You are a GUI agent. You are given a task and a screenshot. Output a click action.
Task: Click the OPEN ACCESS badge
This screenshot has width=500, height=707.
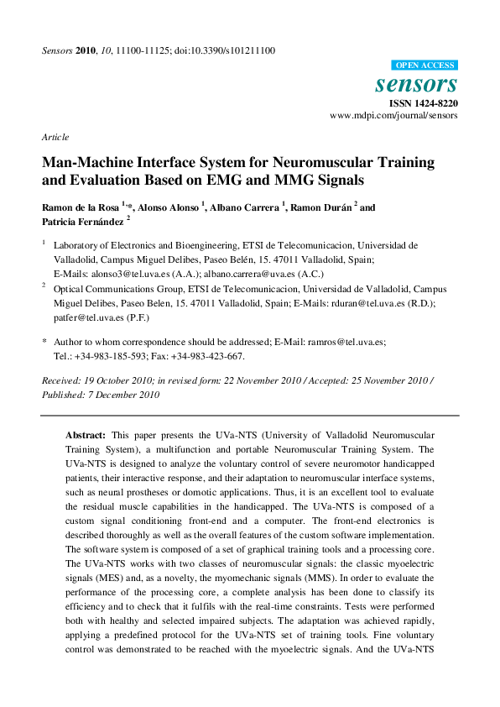coord(424,65)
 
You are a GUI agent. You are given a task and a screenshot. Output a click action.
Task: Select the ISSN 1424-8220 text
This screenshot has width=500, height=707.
coord(421,102)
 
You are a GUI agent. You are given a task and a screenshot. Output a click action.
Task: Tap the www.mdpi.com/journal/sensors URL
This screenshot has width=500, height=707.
coord(393,115)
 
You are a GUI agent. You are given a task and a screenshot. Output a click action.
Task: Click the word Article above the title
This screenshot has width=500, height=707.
coord(55,137)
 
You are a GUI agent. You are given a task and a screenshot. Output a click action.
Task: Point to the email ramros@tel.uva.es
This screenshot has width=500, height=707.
coord(347,342)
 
